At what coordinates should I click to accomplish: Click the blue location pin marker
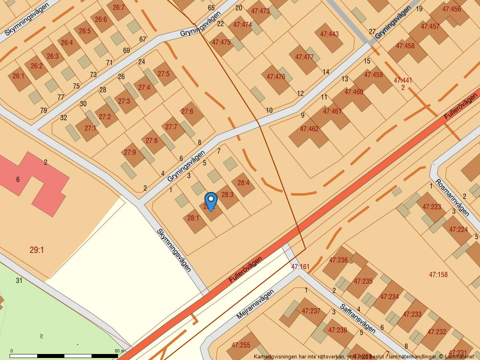point(211,200)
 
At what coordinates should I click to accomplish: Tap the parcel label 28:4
point(243,183)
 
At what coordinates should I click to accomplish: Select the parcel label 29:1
point(37,250)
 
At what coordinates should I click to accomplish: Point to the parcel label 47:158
point(438,275)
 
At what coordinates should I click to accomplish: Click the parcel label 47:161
point(300,267)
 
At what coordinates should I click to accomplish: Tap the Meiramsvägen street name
point(255,304)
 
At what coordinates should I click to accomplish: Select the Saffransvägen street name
point(358,318)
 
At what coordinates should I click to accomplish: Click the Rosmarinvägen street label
point(452,197)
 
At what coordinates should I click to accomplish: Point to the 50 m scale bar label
point(120,351)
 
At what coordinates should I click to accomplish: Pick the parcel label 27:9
point(130,152)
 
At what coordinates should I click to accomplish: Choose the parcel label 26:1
point(18,76)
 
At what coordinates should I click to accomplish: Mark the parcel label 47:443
point(329,34)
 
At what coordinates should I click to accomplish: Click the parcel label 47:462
point(309,129)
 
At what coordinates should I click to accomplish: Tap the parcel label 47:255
point(240,345)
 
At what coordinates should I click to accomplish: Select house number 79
point(44,110)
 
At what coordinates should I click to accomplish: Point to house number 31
point(19,280)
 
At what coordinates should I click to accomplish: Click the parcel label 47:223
point(431,207)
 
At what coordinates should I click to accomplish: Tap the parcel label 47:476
point(276,77)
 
